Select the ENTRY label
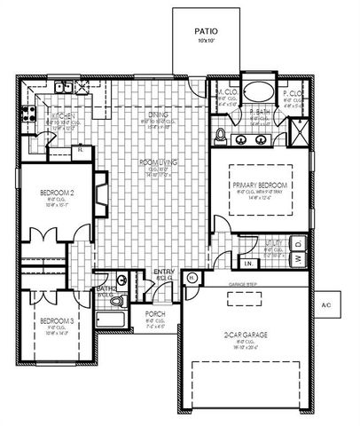tap(165, 272)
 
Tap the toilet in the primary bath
tap(222, 135)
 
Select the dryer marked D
tap(300, 242)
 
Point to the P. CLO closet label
tap(289, 92)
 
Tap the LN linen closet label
tap(249, 264)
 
